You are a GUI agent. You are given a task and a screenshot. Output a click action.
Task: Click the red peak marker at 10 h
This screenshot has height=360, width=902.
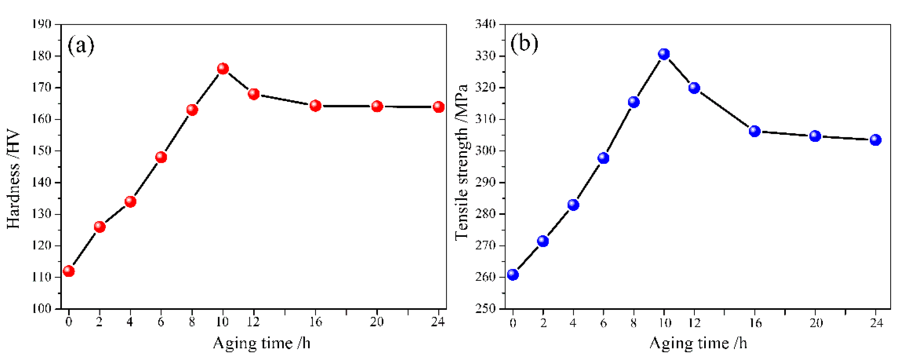[223, 69]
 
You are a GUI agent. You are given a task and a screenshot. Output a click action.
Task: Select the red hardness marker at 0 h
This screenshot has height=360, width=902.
[69, 271]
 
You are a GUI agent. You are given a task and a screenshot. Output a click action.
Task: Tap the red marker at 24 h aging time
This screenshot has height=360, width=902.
[439, 107]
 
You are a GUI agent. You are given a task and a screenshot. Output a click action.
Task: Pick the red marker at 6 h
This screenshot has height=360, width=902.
[161, 157]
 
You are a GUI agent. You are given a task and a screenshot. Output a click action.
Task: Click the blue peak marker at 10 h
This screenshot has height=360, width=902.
[664, 54]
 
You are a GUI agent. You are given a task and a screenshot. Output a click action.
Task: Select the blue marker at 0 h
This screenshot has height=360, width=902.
[513, 275]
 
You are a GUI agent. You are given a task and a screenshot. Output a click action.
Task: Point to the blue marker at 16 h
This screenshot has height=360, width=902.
[755, 131]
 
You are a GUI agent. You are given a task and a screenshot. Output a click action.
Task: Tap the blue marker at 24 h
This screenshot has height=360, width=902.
[876, 140]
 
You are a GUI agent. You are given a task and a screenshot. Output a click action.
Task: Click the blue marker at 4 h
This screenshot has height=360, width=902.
[573, 205]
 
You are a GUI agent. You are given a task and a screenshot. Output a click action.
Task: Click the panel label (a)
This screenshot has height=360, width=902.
[81, 45]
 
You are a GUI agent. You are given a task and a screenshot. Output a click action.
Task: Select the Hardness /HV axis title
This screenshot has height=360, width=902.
[13, 179]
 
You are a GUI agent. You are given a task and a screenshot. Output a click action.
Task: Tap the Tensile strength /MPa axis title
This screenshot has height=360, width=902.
[462, 162]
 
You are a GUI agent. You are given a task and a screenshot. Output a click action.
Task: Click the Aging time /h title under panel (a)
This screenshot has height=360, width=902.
[262, 343]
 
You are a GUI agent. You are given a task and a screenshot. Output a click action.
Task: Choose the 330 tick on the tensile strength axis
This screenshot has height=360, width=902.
[485, 56]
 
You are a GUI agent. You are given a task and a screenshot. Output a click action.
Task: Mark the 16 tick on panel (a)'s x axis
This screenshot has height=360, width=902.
[316, 321]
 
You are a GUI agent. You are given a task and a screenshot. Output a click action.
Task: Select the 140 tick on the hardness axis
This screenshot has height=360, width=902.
[42, 182]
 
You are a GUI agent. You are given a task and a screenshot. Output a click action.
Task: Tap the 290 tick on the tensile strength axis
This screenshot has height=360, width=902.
[485, 182]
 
